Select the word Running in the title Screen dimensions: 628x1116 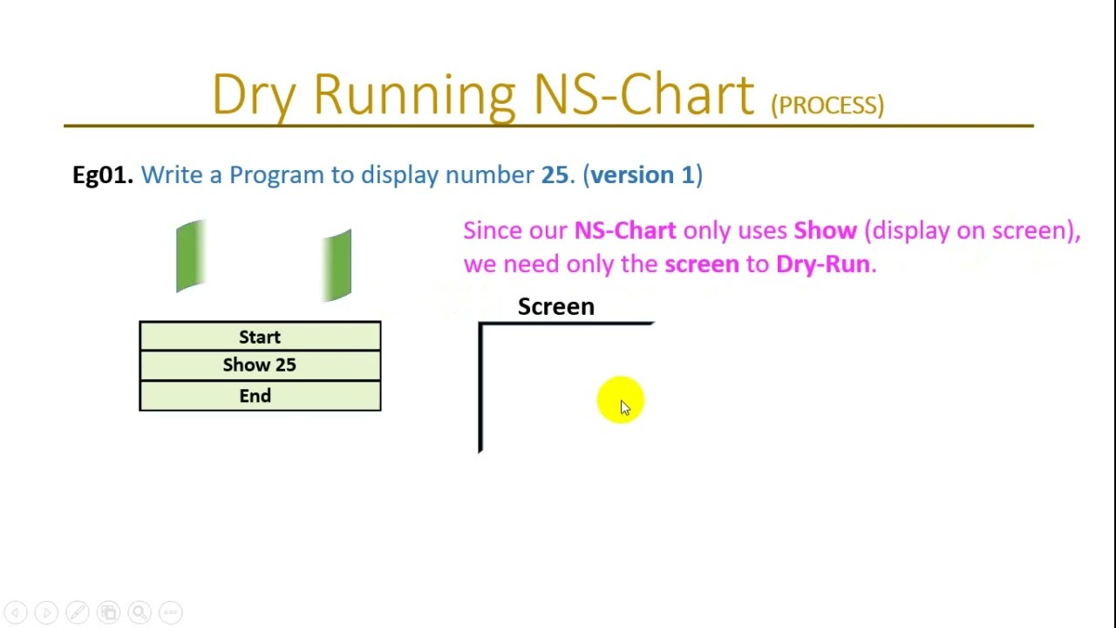pyautogui.click(x=414, y=94)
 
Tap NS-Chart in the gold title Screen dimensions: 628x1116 pyautogui.click(x=643, y=94)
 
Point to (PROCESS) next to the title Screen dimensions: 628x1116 pyautogui.click(x=827, y=105)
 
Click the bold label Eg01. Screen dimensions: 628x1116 pyautogui.click(x=102, y=174)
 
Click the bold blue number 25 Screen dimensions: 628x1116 pyautogui.click(x=555, y=174)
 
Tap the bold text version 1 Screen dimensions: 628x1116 pyautogui.click(x=643, y=174)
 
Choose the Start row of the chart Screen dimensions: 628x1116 pyautogui.click(x=260, y=337)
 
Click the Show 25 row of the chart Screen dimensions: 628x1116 pyautogui.click(x=260, y=365)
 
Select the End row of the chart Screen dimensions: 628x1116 pyautogui.click(x=255, y=396)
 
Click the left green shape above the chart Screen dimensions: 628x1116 pyautogui.click(x=190, y=256)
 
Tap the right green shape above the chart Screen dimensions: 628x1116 pyautogui.click(x=337, y=265)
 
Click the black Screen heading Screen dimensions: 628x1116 pyautogui.click(x=555, y=307)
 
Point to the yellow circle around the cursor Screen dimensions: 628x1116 pyautogui.click(x=620, y=400)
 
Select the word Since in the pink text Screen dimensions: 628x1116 pyautogui.click(x=492, y=230)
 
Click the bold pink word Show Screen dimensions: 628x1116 pyautogui.click(x=825, y=230)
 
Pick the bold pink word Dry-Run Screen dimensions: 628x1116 pyautogui.click(x=822, y=264)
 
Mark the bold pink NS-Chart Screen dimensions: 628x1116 pyautogui.click(x=624, y=230)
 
